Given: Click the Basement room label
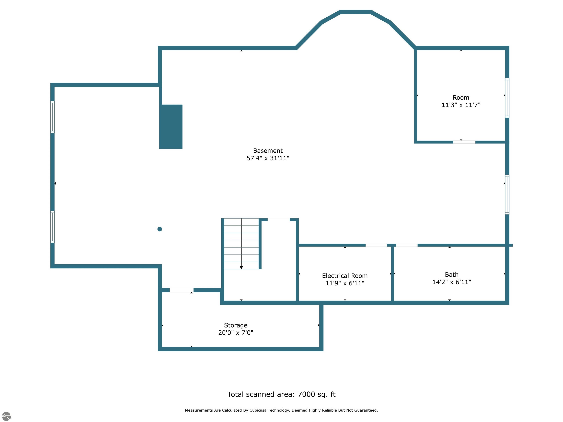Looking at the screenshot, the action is tap(268, 151).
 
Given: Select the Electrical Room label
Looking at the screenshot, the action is tap(345, 276).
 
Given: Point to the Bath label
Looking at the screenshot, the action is tap(452, 275).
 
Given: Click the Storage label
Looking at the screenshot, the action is tap(235, 325).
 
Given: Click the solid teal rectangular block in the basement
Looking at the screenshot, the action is tap(171, 127).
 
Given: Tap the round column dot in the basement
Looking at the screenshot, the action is tap(160, 229).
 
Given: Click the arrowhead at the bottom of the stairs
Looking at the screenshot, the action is tap(241, 268).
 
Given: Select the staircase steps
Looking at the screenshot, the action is tap(241, 243).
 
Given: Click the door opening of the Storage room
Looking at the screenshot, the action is tap(181, 290).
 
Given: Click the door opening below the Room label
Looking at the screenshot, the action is tap(464, 142).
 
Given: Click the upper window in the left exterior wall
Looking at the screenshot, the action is tap(52, 117).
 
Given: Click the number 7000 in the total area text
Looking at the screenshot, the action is tap(306, 394).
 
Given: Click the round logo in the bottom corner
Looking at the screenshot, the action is tap(6, 416).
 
